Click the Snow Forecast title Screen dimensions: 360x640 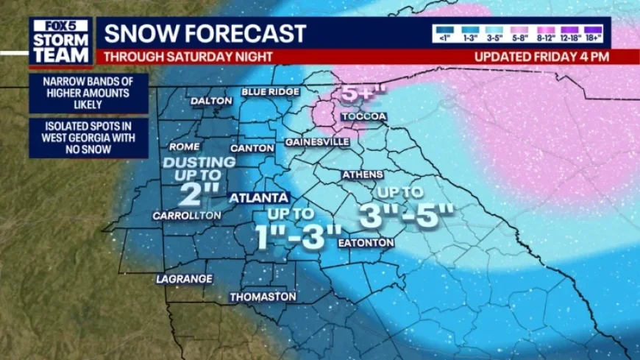tap(205, 33)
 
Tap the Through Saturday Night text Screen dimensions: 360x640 tap(188, 57)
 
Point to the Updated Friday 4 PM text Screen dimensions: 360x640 tap(541, 57)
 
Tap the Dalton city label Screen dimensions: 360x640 tap(211, 101)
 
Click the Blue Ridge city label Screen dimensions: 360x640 tap(271, 92)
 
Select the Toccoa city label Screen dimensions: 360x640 tap(364, 117)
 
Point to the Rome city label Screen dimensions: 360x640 tap(184, 147)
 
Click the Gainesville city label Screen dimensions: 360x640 tap(317, 141)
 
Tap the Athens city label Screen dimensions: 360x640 tap(363, 174)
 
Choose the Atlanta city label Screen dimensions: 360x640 tap(258, 198)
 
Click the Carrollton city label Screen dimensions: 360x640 tap(186, 216)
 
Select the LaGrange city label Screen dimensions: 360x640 tap(184, 279)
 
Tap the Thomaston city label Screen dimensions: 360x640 tap(263, 297)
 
